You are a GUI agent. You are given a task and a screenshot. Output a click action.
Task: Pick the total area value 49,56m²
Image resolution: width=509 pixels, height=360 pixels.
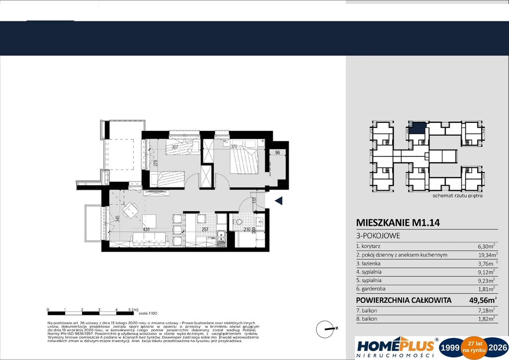(x=483, y=300)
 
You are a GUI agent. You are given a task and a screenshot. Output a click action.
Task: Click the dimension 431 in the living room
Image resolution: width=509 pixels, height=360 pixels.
(x=147, y=230)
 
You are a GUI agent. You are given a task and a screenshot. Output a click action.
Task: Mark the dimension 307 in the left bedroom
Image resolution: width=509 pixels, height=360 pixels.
(x=174, y=147)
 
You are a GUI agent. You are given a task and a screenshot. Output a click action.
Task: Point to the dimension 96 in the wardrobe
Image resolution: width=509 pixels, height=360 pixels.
(x=278, y=153)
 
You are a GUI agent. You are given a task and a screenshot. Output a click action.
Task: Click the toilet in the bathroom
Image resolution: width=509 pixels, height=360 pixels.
(x=238, y=222)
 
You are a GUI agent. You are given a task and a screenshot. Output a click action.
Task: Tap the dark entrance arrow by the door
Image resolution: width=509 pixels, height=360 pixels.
(x=279, y=201)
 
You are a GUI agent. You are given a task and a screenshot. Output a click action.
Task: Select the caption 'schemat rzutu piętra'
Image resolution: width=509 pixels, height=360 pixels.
(x=458, y=196)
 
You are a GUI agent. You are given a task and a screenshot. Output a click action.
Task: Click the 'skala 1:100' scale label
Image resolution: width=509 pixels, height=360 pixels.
(x=148, y=313)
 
